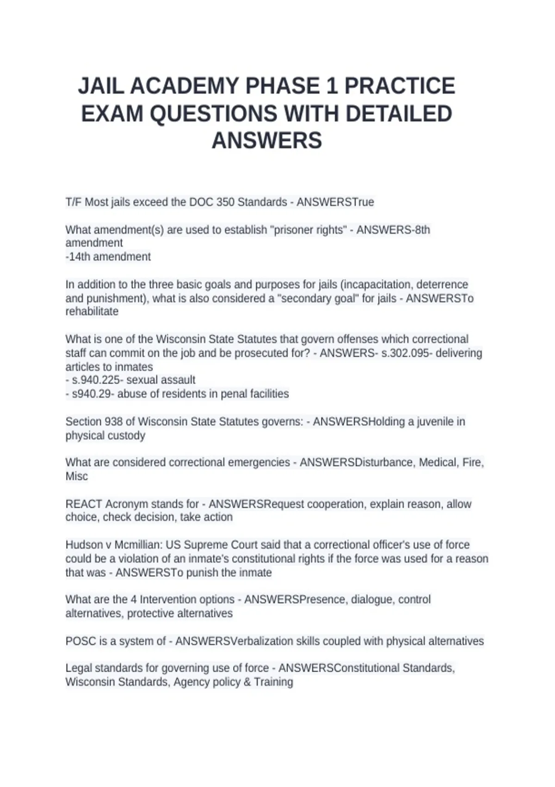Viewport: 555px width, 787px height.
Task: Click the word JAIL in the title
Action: pyautogui.click(x=101, y=86)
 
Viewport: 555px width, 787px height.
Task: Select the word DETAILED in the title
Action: pyautogui.click(x=399, y=114)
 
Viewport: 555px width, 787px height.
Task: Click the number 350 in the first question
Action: pyautogui.click(x=225, y=202)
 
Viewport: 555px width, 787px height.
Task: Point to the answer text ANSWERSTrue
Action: pyautogui.click(x=335, y=202)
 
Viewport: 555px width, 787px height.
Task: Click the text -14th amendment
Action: pyautogui.click(x=108, y=257)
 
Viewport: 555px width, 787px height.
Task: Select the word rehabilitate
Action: pyautogui.click(x=92, y=312)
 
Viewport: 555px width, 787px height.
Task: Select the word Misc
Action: pyautogui.click(x=77, y=476)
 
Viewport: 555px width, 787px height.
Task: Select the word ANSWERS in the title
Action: pyautogui.click(x=267, y=141)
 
